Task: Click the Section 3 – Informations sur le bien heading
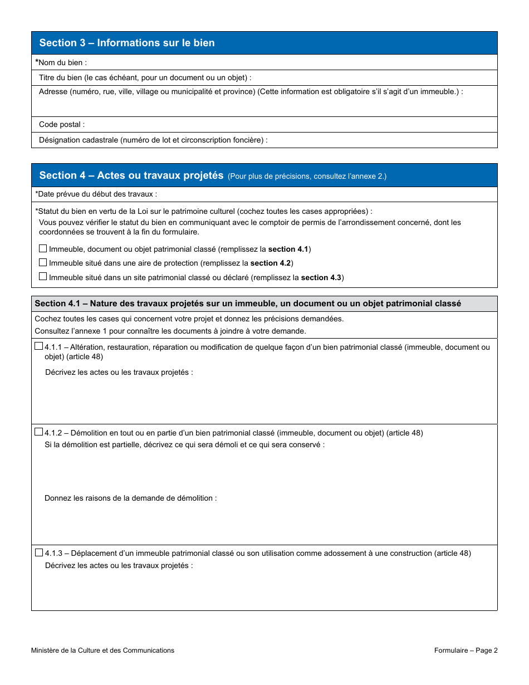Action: (x=127, y=43)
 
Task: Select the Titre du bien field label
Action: (x=145, y=77)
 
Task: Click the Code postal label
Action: (x=62, y=125)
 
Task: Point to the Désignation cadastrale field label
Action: (x=153, y=140)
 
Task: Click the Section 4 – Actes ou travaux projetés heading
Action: (x=131, y=175)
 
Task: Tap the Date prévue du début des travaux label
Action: (x=96, y=194)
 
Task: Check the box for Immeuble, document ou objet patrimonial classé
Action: (x=43, y=248)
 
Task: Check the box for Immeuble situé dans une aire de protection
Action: (x=43, y=262)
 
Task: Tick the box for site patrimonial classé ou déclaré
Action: (x=43, y=276)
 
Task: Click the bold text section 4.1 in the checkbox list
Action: (x=288, y=249)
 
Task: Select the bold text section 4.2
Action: (x=271, y=263)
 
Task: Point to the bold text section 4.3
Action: (x=321, y=277)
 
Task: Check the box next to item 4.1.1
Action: (x=38, y=346)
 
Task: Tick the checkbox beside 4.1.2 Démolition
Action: (x=38, y=432)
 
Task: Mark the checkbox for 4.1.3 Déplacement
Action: (x=38, y=552)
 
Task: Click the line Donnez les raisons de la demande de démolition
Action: (x=130, y=498)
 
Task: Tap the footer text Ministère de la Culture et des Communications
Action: (x=102, y=650)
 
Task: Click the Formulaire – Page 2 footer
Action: (x=466, y=650)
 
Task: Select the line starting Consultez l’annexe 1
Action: (x=170, y=331)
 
